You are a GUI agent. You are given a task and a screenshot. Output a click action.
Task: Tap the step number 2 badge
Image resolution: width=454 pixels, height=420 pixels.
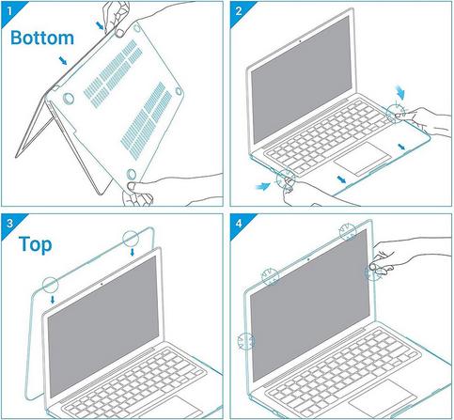[239, 11]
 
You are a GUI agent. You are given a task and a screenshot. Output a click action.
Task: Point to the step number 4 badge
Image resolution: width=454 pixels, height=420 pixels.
[239, 224]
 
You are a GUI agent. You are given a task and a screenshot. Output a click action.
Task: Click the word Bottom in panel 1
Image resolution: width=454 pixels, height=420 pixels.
[42, 38]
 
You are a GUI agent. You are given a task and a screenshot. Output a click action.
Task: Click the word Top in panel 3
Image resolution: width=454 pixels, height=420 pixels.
[35, 244]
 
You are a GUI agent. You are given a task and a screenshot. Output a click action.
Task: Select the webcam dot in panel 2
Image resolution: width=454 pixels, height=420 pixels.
[300, 41]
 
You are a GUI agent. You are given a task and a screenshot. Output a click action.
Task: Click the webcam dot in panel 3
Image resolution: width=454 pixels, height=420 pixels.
[102, 285]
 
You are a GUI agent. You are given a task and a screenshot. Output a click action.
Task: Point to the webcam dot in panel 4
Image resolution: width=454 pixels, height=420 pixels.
[308, 259]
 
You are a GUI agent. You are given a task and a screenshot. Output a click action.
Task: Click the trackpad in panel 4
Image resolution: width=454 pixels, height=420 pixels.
[382, 397]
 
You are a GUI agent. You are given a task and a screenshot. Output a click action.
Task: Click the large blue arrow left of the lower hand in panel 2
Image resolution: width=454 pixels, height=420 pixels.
[262, 187]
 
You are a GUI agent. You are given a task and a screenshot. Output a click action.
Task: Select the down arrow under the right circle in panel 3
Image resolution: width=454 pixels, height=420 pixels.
[133, 252]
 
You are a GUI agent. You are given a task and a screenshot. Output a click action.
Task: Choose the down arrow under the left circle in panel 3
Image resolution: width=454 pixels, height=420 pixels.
[53, 300]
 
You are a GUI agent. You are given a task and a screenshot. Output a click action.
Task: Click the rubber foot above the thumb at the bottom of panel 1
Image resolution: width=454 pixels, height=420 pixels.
[132, 174]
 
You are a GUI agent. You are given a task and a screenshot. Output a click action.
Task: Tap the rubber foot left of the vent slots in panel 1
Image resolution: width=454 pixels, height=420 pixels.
[69, 99]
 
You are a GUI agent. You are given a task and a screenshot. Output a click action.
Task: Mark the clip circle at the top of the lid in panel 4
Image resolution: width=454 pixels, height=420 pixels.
[348, 232]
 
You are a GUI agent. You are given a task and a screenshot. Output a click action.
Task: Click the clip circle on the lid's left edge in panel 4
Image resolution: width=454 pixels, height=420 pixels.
[246, 341]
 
